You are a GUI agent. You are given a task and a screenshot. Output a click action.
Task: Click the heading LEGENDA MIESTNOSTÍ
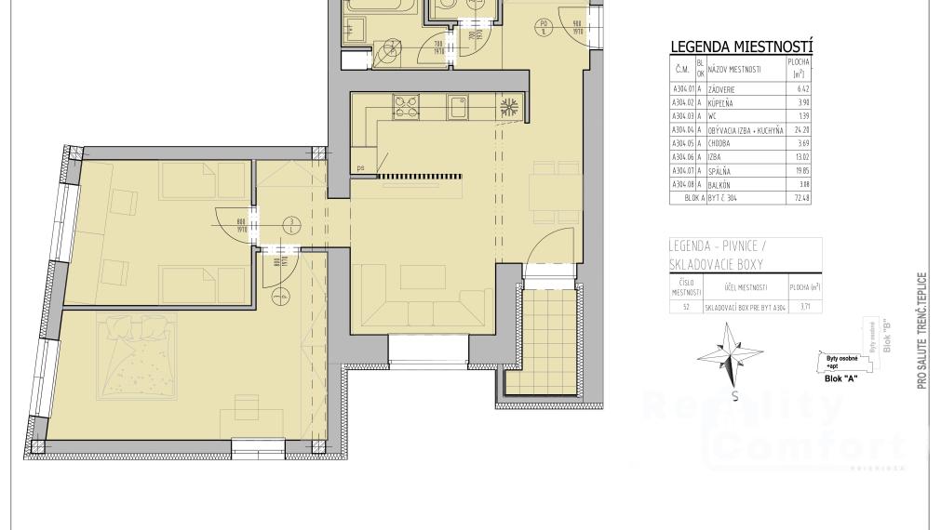[x=742, y=46]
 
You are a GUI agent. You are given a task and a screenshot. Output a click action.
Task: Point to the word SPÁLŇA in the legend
[x=721, y=172]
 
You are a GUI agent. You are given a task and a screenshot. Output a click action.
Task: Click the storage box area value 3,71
[x=804, y=305]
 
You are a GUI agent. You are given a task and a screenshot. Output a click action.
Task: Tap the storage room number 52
[x=686, y=305]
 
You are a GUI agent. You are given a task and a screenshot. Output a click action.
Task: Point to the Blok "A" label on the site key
[x=840, y=378]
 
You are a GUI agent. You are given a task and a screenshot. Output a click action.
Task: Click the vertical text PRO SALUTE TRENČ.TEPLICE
[x=921, y=330]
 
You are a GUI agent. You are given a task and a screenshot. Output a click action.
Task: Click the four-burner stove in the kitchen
[x=408, y=106]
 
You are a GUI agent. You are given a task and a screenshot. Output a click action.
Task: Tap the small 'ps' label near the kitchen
[x=360, y=168]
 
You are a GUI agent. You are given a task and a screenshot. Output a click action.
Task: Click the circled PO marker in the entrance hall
[x=544, y=26]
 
